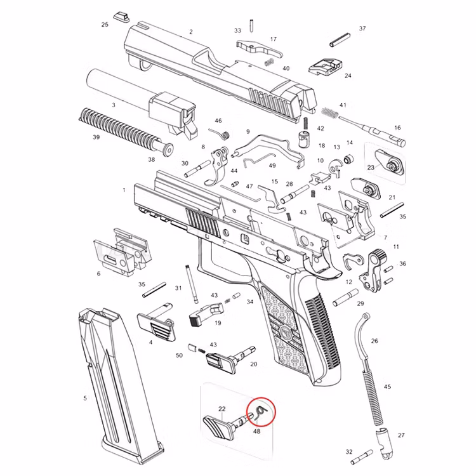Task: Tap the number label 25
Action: pos(105,25)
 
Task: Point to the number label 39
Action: pos(96,137)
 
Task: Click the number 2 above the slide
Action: pos(190,32)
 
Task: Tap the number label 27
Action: pos(400,435)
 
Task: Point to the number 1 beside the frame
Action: pos(124,190)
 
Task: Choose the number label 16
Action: pos(398,128)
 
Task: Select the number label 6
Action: pos(98,274)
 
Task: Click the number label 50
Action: pos(179,355)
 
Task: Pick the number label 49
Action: pos(272,166)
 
